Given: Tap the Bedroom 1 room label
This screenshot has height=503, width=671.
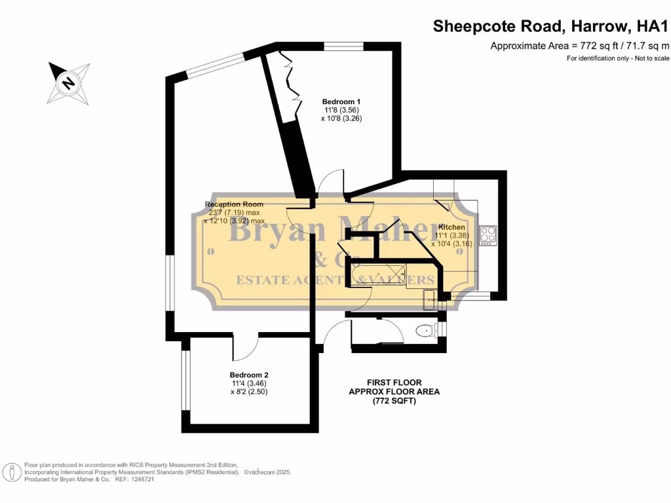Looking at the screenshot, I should (341, 102).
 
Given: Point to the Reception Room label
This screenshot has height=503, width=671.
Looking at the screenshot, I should (233, 204).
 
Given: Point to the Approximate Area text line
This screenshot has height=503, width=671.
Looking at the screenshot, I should (580, 46).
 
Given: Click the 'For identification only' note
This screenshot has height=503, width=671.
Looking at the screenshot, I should (618, 59).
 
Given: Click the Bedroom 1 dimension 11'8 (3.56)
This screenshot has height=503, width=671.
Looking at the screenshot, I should (341, 110).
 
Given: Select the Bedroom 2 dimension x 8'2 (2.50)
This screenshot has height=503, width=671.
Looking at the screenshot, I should (249, 392).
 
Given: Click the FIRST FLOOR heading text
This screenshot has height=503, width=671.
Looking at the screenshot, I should (394, 382).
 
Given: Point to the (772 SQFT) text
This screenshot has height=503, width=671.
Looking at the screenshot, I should (394, 401).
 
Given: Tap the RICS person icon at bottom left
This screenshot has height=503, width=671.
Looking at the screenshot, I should (11, 472).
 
